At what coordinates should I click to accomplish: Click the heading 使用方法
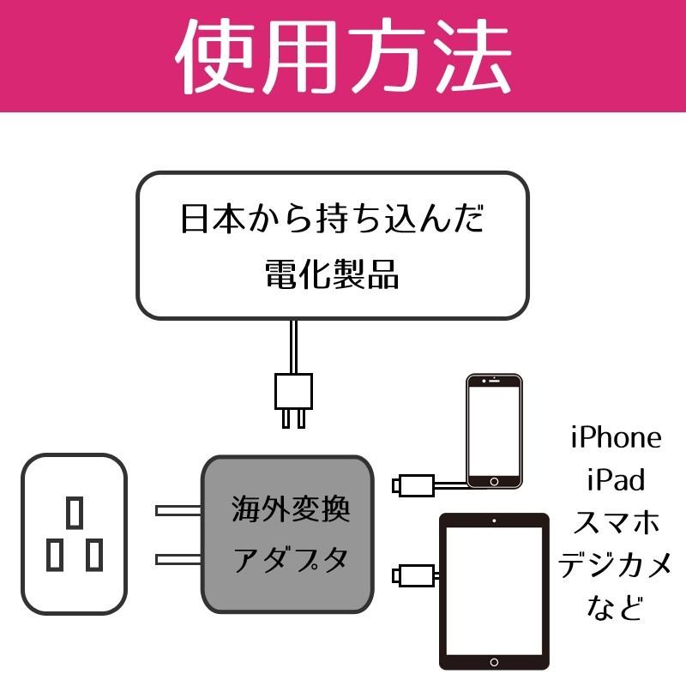343,57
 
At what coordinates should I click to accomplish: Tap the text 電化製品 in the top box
332,275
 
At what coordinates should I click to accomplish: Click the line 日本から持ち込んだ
332,220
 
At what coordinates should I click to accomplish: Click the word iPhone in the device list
616,437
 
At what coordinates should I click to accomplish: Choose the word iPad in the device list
616,478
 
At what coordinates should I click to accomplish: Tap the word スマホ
616,521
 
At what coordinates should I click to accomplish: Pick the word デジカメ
616,564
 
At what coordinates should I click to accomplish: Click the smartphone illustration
494,430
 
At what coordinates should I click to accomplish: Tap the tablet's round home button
494,662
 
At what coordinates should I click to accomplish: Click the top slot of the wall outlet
75,512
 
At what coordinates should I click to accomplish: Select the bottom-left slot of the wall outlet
55,555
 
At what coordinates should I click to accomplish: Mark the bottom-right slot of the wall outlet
94,555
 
